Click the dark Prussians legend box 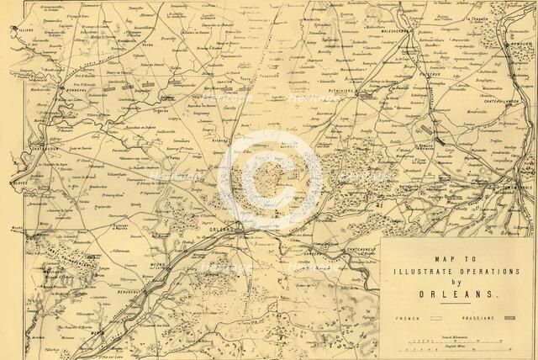click(x=509, y=320)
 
